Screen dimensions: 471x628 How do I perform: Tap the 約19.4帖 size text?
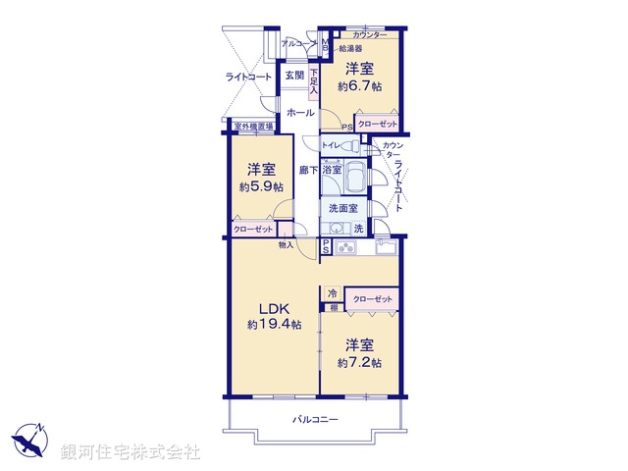275,324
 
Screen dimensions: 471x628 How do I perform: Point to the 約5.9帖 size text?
260,186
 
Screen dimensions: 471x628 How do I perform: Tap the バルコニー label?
314,420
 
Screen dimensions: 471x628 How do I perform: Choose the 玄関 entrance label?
293,76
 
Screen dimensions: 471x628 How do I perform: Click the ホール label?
300,114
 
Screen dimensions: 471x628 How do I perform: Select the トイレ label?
331,146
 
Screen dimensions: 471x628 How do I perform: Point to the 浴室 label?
334,170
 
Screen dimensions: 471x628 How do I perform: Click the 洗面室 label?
342,208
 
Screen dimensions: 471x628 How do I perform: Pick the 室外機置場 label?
253,126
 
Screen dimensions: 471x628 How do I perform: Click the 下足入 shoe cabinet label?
314,79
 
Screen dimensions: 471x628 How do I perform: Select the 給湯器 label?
350,47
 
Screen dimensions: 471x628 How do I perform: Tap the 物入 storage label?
286,244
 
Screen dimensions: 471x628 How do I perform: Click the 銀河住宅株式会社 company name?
130,452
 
